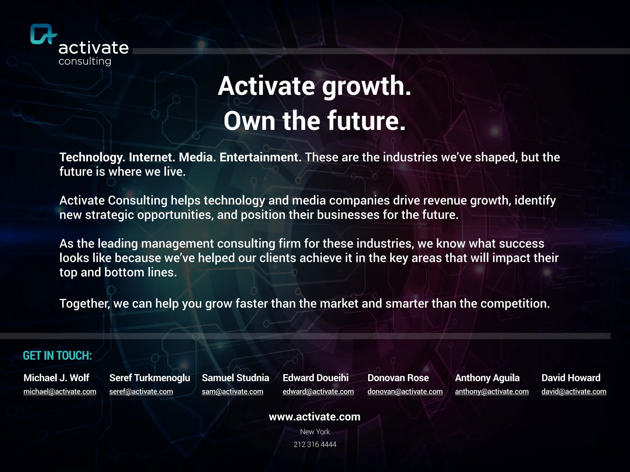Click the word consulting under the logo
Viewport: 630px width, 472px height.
[85, 61]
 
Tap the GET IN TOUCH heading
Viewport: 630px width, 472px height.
[57, 356]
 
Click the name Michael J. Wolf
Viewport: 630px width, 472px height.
[56, 378]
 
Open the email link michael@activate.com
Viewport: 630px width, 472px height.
[60, 391]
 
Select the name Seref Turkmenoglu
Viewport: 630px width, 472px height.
[150, 378]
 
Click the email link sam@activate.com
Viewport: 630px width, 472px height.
[232, 391]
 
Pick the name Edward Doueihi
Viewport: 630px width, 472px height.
[315, 378]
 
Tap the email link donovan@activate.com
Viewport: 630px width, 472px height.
[405, 391]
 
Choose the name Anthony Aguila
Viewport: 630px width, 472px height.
[487, 378]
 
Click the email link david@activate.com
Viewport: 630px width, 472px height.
[574, 391]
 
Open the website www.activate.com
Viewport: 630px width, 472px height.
[314, 417]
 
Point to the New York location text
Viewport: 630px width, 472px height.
[315, 432]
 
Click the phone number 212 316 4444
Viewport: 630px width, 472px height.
[315, 444]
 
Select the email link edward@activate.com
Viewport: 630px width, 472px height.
[318, 391]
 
